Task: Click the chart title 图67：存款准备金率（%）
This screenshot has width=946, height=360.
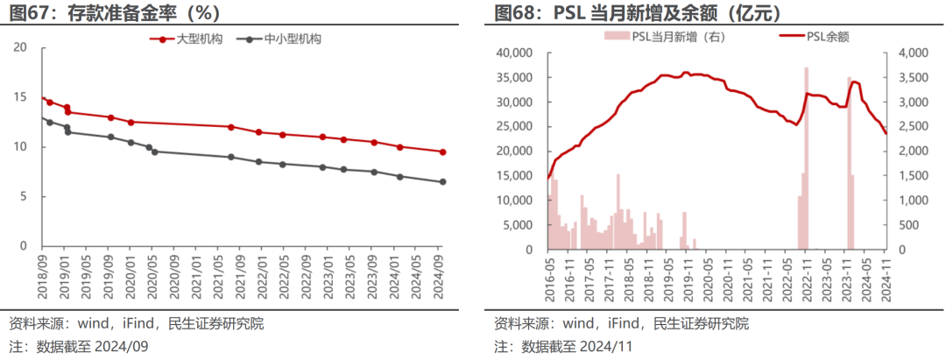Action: tap(111, 13)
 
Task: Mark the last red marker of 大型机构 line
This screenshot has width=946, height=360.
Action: tap(442, 152)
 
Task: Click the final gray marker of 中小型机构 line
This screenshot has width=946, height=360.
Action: tap(442, 181)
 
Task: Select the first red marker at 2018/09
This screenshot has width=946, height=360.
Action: tap(43, 99)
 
